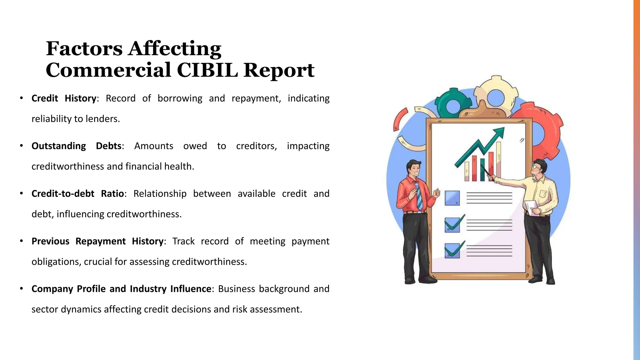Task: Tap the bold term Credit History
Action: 64,98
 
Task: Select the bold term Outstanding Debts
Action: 77,146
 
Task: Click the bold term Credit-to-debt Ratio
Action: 78,194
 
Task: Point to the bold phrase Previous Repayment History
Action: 97,241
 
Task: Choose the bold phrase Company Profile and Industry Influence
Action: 122,289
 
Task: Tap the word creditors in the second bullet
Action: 256,146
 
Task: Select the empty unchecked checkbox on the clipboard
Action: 452,198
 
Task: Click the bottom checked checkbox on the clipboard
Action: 452,251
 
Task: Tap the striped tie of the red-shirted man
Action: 419,195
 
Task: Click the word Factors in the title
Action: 84,49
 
